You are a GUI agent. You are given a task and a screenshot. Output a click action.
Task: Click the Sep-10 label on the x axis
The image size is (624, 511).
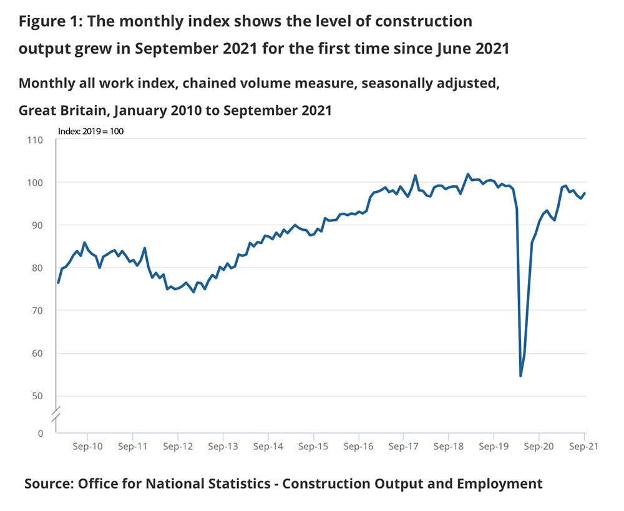pos(87,447)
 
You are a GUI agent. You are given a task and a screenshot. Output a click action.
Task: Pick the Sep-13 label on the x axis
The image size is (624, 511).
pos(223,447)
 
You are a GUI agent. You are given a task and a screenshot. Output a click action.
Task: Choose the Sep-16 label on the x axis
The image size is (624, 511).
pos(358,447)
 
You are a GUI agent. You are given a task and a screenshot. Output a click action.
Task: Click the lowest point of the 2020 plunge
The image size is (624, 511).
pos(520,376)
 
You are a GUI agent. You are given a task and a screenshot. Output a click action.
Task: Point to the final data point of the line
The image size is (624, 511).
pos(584,193)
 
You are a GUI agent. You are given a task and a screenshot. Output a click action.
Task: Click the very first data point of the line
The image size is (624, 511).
pos(58,283)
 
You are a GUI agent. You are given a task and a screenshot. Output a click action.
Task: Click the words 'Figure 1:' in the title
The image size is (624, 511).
pos(49,21)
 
